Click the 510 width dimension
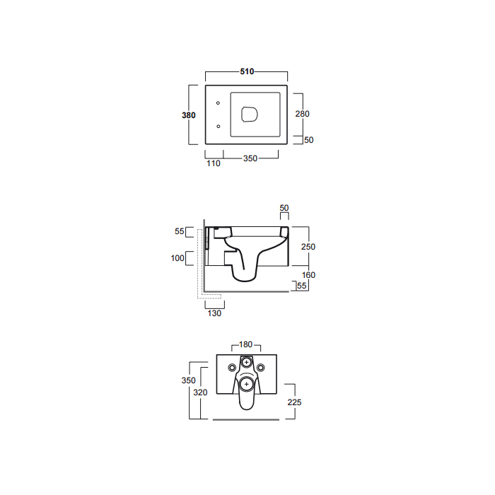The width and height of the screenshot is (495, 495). (247, 71)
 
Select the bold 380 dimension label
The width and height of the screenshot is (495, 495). (189, 115)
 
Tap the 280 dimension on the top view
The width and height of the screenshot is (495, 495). (302, 114)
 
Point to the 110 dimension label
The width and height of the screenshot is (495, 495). (214, 163)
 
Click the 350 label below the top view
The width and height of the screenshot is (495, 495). (250, 158)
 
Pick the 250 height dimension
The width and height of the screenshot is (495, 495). (308, 247)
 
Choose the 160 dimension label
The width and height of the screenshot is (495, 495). (308, 275)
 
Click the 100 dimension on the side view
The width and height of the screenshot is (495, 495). (177, 258)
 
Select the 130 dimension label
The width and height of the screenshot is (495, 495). (214, 313)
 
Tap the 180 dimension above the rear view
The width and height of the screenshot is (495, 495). (245, 344)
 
